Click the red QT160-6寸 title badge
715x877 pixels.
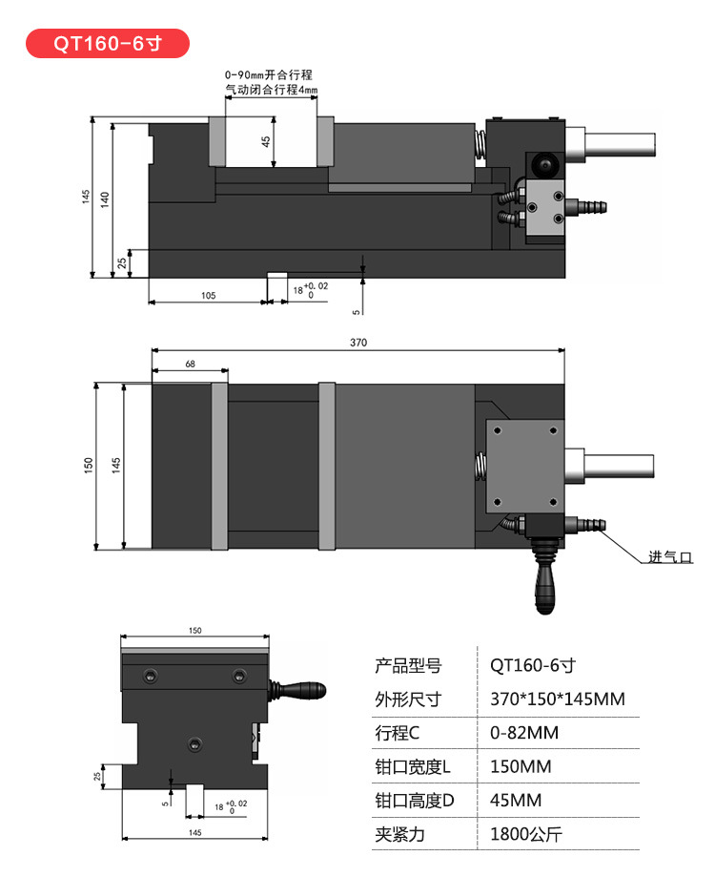click(x=108, y=44)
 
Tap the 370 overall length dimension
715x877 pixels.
click(x=358, y=342)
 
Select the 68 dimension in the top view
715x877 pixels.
click(x=190, y=364)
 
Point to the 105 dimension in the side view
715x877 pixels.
click(x=208, y=296)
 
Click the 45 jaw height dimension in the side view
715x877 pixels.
click(x=267, y=140)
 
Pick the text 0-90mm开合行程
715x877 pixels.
click(x=270, y=74)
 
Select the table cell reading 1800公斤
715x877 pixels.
click(x=526, y=834)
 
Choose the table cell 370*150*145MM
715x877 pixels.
click(x=558, y=700)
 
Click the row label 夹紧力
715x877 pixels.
click(x=399, y=834)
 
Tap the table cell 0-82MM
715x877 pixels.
click(x=524, y=733)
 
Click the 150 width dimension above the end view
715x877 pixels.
click(x=194, y=631)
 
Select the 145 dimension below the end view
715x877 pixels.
click(x=194, y=833)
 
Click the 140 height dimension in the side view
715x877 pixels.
click(x=105, y=198)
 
